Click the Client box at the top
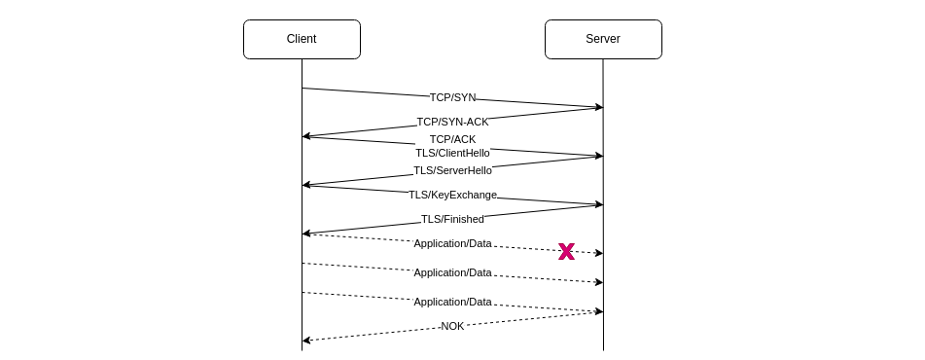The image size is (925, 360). click(x=302, y=39)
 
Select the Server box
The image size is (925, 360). click(x=603, y=39)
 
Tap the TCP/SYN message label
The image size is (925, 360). click(x=452, y=97)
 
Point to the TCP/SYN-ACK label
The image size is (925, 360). click(x=452, y=122)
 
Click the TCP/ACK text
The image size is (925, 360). click(x=452, y=139)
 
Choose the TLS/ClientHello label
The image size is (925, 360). click(x=452, y=153)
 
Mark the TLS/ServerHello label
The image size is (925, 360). click(x=452, y=170)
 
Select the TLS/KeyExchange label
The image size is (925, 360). click(x=452, y=195)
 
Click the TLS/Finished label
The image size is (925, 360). click(x=452, y=219)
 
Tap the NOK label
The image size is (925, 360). click(x=452, y=326)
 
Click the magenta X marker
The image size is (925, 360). click(x=566, y=251)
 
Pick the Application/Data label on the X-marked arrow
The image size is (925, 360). click(x=452, y=243)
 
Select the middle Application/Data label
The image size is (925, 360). click(x=452, y=272)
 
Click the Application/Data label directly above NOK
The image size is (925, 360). click(x=452, y=302)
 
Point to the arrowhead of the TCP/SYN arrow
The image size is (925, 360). click(x=599, y=107)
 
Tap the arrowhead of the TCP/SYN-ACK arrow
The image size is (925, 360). click(x=306, y=136)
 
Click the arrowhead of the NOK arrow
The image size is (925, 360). click(x=306, y=341)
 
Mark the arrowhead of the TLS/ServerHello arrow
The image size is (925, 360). click(x=306, y=184)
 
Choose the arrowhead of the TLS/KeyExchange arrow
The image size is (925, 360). click(x=599, y=204)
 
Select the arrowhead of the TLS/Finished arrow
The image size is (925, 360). click(x=306, y=233)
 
